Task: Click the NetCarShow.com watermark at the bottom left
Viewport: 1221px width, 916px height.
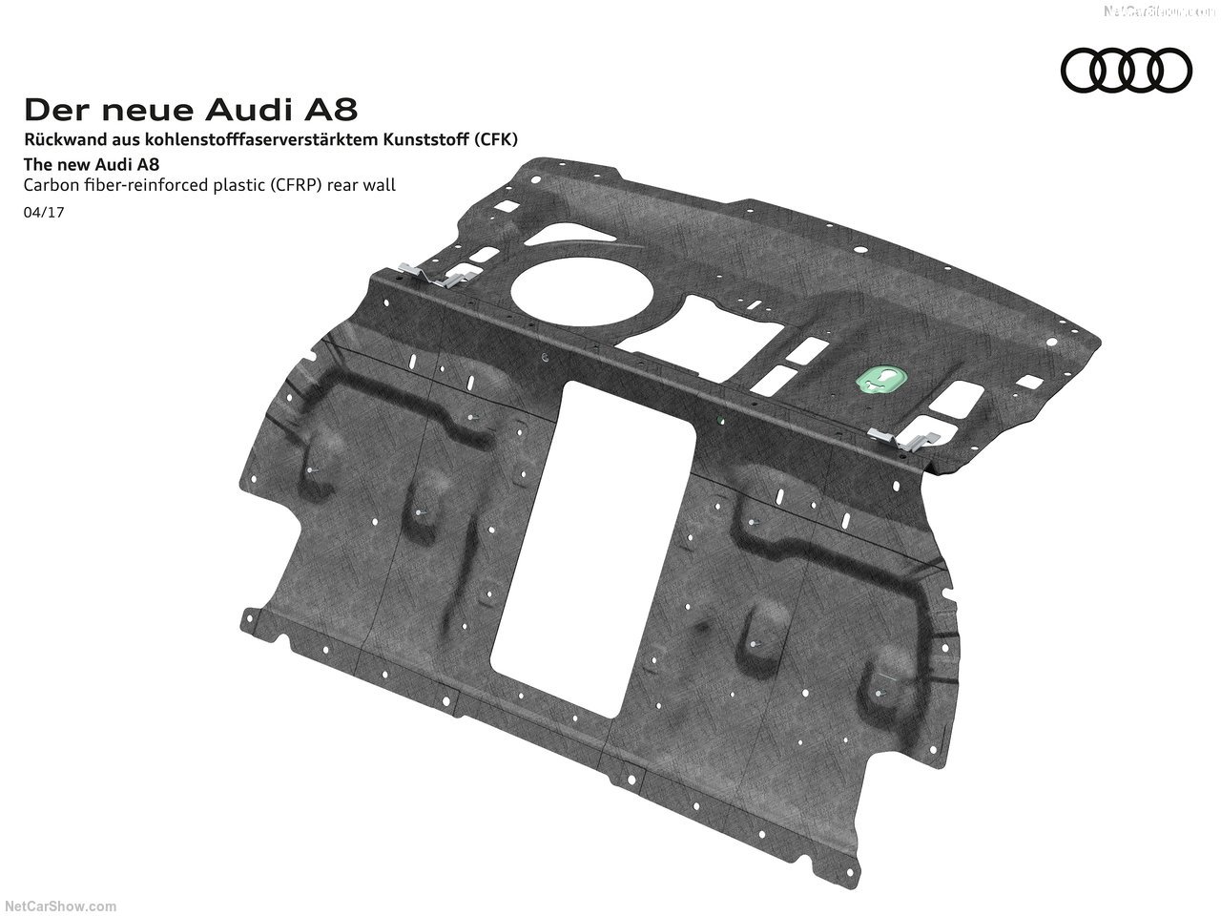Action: [60, 906]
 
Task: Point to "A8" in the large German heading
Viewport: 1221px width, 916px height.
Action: [330, 110]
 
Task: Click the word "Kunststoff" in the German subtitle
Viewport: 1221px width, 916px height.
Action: [424, 139]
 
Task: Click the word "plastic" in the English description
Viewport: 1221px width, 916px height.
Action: [218, 185]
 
